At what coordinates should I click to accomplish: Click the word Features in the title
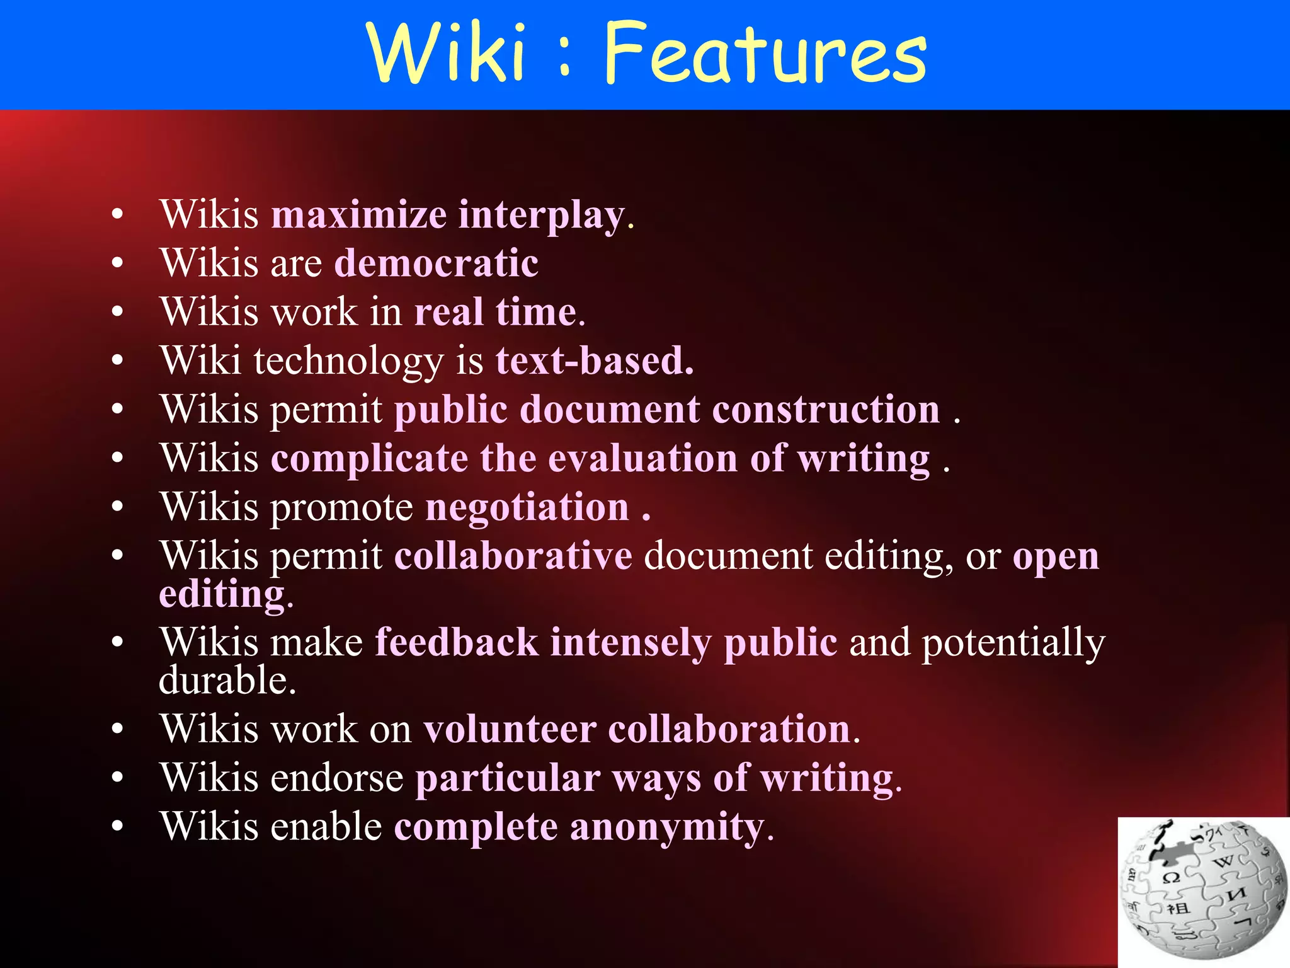[765, 53]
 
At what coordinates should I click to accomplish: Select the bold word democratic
[436, 263]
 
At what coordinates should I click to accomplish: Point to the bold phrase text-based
[594, 361]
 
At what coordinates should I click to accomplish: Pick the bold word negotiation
[527, 507]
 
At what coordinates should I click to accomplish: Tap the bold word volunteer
[510, 729]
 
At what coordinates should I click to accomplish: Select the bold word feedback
[457, 643]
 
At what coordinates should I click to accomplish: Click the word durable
[227, 681]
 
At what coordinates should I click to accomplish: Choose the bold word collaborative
[513, 556]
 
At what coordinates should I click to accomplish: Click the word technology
[349, 361]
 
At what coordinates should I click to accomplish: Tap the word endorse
[337, 778]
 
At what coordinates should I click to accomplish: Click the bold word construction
[826, 410]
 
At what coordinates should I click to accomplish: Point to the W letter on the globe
[1223, 861]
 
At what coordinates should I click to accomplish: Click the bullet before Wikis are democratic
[117, 263]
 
